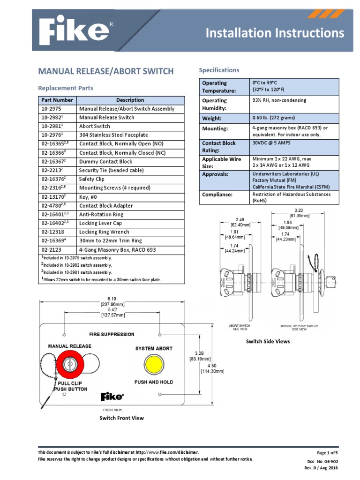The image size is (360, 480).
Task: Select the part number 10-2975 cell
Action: (51, 109)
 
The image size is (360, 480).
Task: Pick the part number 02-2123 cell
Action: (51, 250)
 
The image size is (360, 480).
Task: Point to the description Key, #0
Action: (89, 197)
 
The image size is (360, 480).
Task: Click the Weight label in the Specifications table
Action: (212, 119)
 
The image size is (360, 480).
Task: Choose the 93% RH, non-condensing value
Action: (279, 100)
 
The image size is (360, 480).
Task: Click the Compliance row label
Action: (217, 195)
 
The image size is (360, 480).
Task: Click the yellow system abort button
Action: (154, 364)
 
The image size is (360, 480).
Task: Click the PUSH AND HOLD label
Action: (154, 382)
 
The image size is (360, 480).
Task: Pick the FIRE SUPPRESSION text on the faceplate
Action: (112, 335)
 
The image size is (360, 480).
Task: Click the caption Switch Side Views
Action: (268, 341)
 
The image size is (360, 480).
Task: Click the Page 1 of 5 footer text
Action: (327, 453)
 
